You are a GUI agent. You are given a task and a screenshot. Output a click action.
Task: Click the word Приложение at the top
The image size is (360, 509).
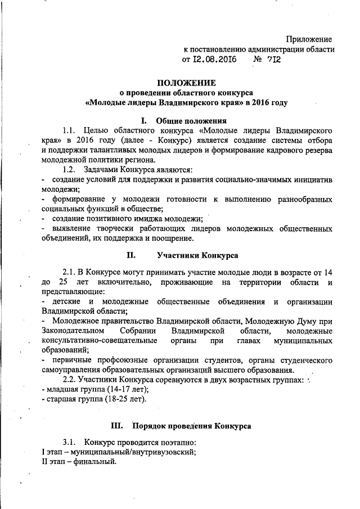coord(309,39)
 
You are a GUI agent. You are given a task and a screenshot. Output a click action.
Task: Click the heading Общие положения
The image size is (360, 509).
coord(191,120)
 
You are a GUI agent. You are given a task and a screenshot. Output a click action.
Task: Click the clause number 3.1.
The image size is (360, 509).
coord(70,443)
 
